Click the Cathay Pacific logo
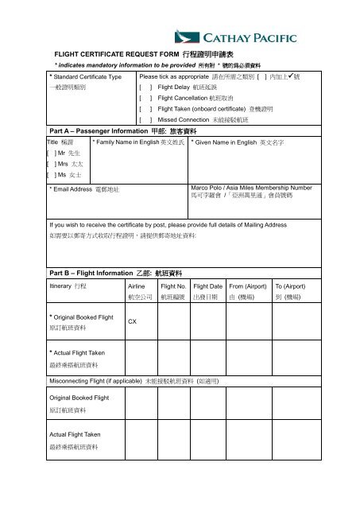click(236, 37)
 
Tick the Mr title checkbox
click(50, 151)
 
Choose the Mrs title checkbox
click(50, 162)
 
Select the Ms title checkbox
click(50, 173)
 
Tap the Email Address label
click(83, 190)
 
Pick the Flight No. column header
click(172, 284)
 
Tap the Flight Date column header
click(207, 284)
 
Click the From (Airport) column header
click(247, 284)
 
